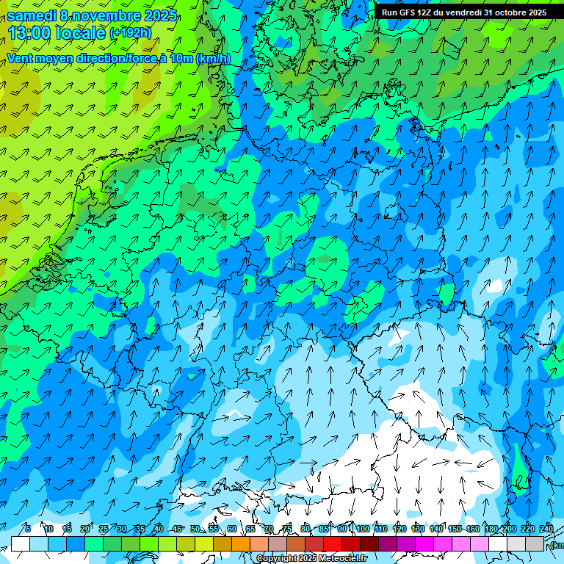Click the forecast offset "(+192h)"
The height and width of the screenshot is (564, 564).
[130, 33]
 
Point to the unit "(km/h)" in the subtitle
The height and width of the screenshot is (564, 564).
[213, 59]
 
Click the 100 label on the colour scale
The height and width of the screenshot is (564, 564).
[363, 529]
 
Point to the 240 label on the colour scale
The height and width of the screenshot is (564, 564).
[546, 529]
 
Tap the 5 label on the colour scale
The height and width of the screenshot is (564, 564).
[28, 529]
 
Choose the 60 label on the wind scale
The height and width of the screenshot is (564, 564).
[232, 529]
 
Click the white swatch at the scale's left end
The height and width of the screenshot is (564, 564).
[20, 543]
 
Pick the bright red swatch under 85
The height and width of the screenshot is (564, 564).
[333, 543]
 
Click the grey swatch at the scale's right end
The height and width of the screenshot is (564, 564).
[535, 543]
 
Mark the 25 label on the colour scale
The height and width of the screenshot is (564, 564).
[104, 529]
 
